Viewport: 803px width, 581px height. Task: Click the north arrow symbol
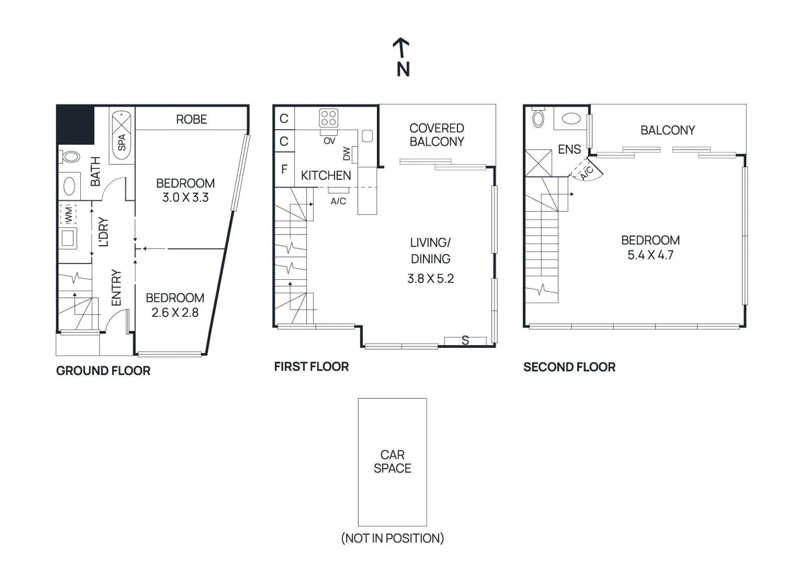[x=401, y=49]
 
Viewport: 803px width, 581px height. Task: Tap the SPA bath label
[x=121, y=143]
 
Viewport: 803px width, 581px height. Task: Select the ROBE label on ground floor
[x=191, y=120]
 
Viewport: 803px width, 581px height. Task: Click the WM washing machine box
[x=68, y=214]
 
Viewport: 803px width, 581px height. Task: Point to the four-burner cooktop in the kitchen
[x=328, y=118]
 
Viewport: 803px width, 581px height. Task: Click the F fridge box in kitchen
[x=284, y=169]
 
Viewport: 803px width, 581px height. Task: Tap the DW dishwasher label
[x=346, y=154]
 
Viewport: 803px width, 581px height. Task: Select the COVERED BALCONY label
[x=437, y=135]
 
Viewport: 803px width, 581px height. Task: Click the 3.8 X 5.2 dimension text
[x=430, y=279]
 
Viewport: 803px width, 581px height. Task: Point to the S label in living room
[x=465, y=340]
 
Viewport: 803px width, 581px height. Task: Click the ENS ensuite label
[x=569, y=150]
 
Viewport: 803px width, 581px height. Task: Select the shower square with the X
[x=538, y=163]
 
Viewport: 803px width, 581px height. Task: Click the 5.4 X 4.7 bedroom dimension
[x=650, y=255]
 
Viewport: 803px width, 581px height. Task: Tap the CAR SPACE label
[x=392, y=461]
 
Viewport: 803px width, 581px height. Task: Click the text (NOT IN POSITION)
[x=392, y=538]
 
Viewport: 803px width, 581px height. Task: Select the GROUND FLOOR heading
[x=103, y=371]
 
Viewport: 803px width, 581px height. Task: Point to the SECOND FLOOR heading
[x=569, y=367]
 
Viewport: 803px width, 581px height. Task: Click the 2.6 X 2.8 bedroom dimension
[x=175, y=313]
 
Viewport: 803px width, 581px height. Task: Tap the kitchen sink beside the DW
[x=367, y=136]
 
